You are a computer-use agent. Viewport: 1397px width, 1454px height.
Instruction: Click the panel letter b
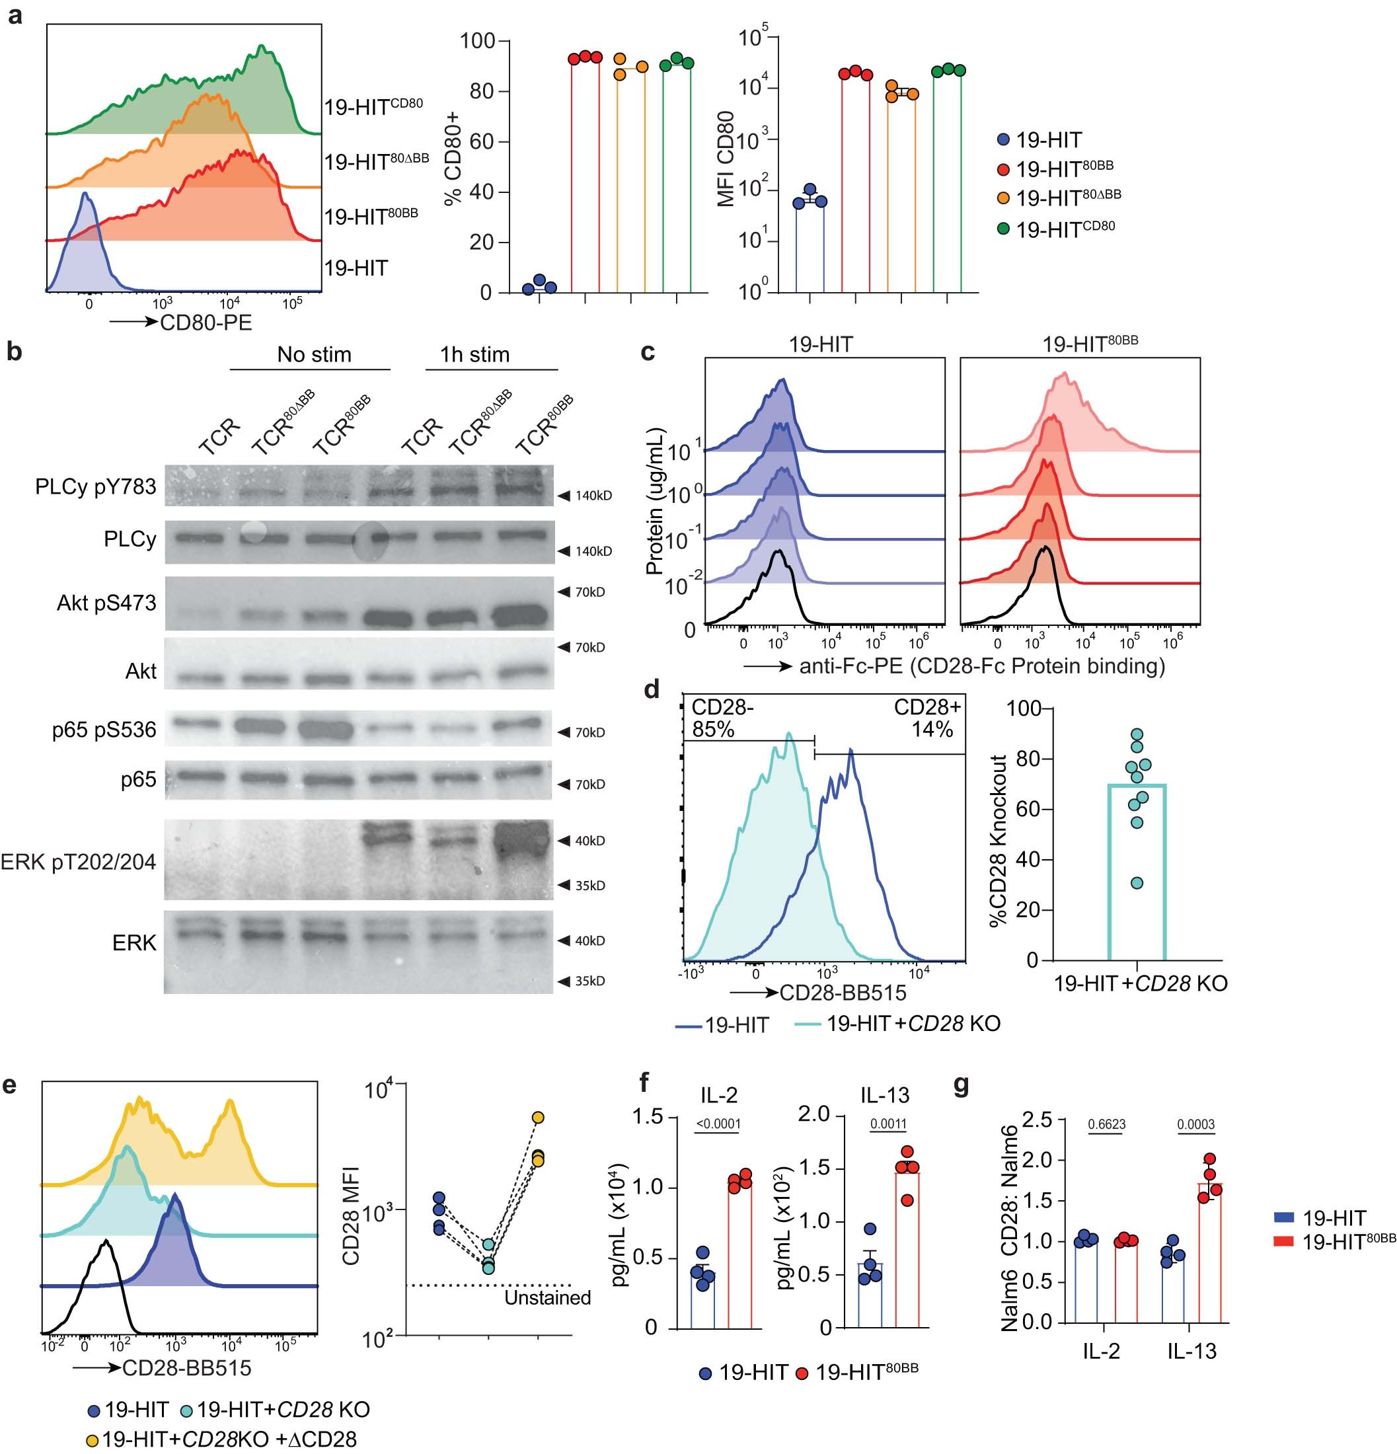point(14,352)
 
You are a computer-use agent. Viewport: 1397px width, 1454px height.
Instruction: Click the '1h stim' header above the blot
point(475,355)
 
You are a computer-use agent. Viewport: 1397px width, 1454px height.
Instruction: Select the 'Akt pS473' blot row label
point(106,603)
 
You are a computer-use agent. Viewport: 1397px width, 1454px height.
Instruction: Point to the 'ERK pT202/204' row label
point(79,861)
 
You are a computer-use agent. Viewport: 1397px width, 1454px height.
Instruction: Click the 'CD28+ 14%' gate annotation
point(926,718)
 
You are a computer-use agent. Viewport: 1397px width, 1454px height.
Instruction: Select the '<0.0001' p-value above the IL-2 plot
point(718,1124)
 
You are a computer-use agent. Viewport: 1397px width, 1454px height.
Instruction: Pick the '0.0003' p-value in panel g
point(1196,1125)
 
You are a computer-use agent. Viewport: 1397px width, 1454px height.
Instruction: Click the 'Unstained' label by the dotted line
point(547,1298)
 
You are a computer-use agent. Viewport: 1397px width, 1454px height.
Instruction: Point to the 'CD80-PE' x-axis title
point(206,322)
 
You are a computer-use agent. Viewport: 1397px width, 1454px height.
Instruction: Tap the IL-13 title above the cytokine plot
point(884,1095)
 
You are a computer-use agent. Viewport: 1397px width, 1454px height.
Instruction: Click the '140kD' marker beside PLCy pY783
point(593,496)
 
